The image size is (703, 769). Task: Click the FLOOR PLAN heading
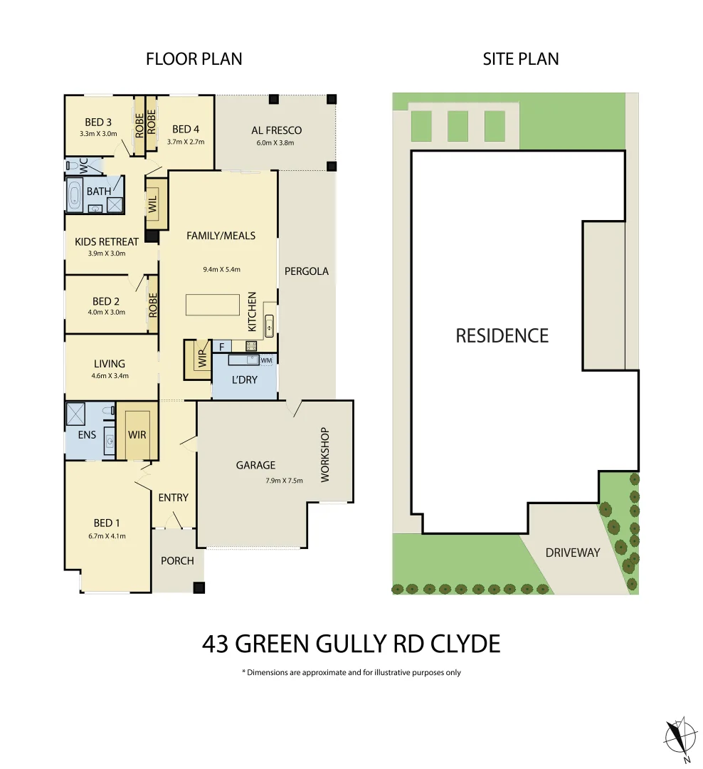(194, 59)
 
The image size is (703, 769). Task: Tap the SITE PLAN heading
(520, 59)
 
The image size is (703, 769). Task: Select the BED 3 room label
(98, 122)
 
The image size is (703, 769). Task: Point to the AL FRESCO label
(276, 130)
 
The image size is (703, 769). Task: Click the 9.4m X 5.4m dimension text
(221, 269)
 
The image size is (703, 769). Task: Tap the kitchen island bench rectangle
(213, 305)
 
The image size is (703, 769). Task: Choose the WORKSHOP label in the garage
(325, 454)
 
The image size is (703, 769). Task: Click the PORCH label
(177, 560)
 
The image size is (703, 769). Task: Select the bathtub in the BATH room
(75, 194)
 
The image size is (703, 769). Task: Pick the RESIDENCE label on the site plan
(502, 335)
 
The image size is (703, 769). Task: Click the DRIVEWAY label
(573, 553)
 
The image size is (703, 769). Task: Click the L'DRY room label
(244, 380)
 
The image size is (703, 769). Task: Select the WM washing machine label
(267, 361)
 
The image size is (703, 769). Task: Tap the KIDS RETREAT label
(107, 242)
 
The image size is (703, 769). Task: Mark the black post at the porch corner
(200, 587)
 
